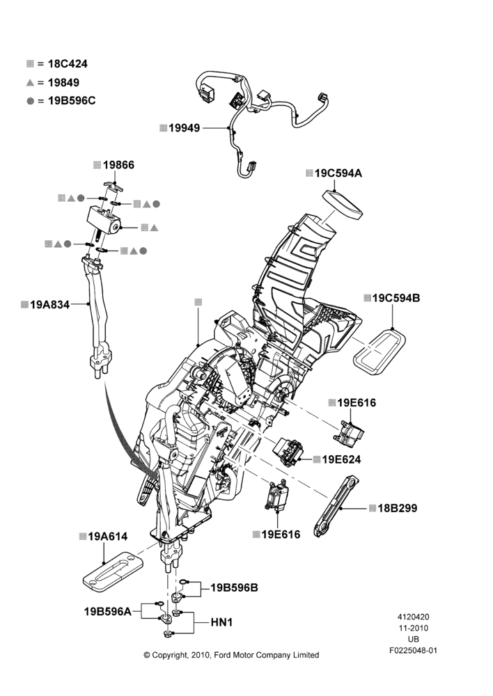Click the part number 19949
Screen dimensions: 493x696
[185, 128]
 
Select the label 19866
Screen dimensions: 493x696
[118, 165]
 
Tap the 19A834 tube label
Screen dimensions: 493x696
[49, 305]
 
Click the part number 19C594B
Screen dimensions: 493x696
[396, 298]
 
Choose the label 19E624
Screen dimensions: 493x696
[341, 459]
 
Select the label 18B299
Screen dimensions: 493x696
[398, 508]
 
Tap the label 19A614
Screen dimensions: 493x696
[108, 537]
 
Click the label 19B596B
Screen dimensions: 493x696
[234, 587]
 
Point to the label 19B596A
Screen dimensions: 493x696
[108, 612]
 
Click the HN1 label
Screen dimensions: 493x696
[221, 623]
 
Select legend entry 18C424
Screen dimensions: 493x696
[68, 64]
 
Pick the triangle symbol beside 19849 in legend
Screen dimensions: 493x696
[30, 83]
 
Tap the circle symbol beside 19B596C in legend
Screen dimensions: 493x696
[30, 101]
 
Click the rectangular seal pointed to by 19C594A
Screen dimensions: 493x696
[342, 205]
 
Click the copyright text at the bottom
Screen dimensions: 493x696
[231, 655]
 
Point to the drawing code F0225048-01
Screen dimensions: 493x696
[413, 651]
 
